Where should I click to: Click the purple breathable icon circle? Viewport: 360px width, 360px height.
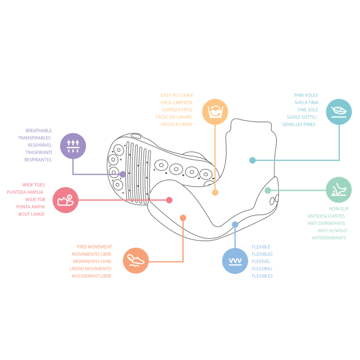73,146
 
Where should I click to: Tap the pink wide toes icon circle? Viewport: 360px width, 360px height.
65,200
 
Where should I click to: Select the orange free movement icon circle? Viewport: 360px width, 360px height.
136,261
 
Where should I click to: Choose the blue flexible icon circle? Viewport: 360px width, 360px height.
235,261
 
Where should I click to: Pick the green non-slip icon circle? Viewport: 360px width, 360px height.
338,190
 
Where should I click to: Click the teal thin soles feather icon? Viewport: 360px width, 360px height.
339,112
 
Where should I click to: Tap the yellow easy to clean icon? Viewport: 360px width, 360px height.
215,112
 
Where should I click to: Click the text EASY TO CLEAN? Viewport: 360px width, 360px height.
176,95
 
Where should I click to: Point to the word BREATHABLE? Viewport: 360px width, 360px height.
39,131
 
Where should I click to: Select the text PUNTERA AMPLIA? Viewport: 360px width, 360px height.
25,192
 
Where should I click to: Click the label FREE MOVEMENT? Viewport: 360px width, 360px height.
94,247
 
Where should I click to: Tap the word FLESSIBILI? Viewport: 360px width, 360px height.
261,269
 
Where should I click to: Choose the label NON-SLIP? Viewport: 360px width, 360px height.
339,209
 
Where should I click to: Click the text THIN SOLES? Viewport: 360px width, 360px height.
306,95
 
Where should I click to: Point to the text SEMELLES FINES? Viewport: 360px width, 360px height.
298,125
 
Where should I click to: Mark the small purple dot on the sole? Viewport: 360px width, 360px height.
123,174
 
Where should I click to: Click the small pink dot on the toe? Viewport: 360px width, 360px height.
169,200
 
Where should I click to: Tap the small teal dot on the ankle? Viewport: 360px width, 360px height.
252,160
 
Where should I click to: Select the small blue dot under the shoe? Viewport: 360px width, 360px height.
235,225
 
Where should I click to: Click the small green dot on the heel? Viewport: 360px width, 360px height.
268,190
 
